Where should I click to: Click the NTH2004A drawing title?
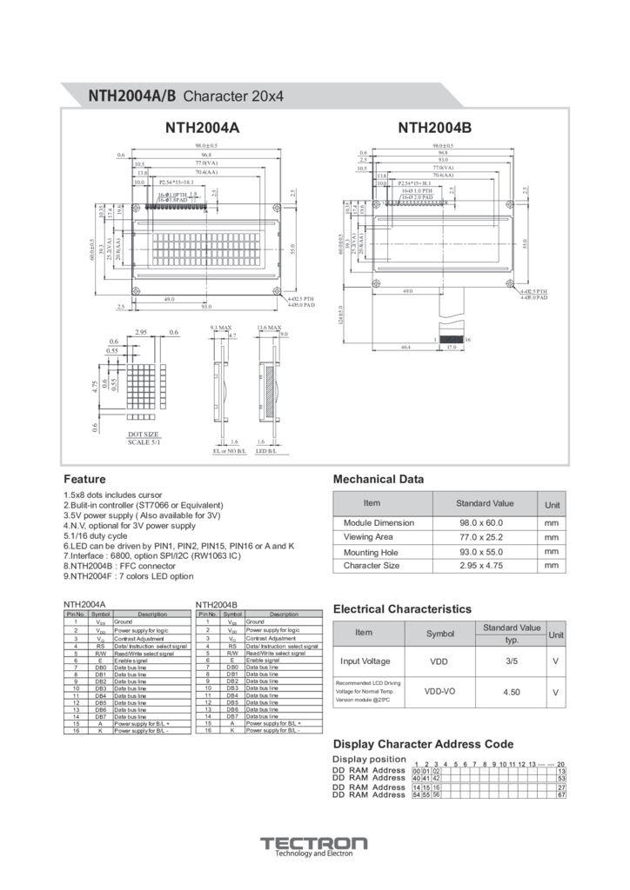[202, 129]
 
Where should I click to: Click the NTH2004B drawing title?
[434, 129]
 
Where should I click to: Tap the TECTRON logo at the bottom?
[314, 846]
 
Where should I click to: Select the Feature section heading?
[85, 479]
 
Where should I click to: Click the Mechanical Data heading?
[379, 479]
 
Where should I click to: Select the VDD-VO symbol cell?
[439, 692]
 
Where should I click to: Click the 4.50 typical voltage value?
[512, 692]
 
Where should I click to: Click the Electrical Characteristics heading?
[402, 609]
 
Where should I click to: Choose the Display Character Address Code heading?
[423, 744]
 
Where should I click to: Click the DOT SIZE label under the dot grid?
[144, 434]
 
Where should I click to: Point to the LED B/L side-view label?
[266, 451]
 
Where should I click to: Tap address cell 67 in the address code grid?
[561, 794]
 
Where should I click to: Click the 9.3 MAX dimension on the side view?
[221, 328]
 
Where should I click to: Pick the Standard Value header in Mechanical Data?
[485, 503]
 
